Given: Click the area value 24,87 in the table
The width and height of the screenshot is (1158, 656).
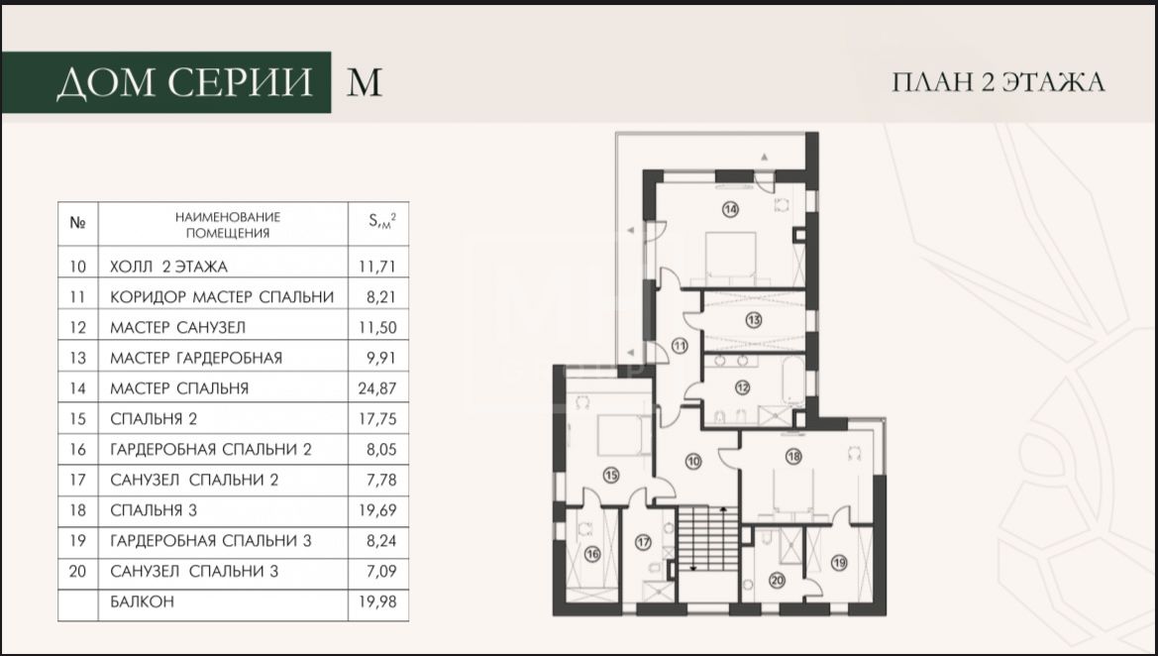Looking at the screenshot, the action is [377, 387].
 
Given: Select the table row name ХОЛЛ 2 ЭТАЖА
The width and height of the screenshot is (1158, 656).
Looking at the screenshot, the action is [168, 267].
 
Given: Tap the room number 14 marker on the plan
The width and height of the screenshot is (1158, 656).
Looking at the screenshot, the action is [730, 209].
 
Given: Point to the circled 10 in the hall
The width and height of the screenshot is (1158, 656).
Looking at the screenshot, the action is [692, 462].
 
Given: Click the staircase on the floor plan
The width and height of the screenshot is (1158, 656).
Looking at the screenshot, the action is [707, 538].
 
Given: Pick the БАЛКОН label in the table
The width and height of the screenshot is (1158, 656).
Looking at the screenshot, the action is [143, 601].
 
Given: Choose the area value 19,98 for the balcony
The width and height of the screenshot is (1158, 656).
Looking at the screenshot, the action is [377, 601].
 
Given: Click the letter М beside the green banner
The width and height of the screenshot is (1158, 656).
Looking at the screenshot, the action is [365, 82].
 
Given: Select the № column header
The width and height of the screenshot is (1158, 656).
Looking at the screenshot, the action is [77, 222].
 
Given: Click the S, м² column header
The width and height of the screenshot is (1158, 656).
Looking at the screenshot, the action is [381, 220].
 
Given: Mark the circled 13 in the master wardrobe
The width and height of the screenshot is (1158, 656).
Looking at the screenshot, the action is [753, 321].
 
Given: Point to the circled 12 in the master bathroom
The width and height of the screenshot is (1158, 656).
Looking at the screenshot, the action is [742, 387].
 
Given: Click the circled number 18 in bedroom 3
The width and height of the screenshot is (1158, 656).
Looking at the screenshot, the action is [793, 457].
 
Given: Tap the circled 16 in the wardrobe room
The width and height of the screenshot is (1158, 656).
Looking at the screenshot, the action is [592, 554].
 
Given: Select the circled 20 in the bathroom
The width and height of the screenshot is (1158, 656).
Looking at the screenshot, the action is [777, 581].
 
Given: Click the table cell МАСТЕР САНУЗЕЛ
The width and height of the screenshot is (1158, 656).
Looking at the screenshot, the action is [177, 327].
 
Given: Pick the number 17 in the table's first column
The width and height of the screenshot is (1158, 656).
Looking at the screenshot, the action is [77, 480].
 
